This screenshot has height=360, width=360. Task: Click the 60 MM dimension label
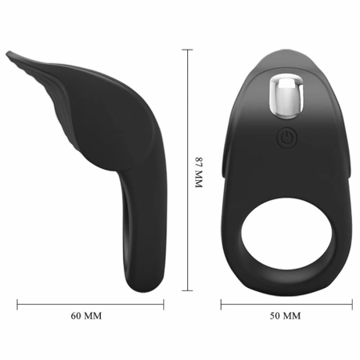click(x=86, y=316)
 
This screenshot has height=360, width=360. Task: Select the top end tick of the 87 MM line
click(x=190, y=49)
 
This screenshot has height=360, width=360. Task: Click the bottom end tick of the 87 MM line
click(x=190, y=290)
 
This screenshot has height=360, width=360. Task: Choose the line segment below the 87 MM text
click(x=190, y=240)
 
